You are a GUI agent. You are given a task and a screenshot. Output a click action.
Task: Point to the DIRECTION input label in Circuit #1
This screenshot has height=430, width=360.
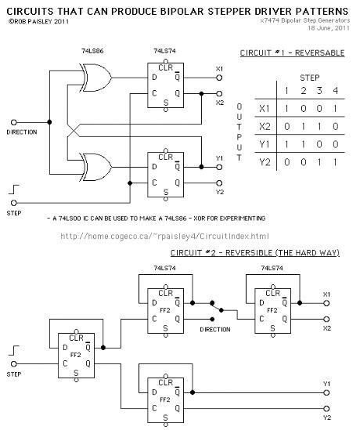coord(21,132)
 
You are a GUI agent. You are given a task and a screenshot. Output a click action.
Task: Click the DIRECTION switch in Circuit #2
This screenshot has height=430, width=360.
coord(214,309)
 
